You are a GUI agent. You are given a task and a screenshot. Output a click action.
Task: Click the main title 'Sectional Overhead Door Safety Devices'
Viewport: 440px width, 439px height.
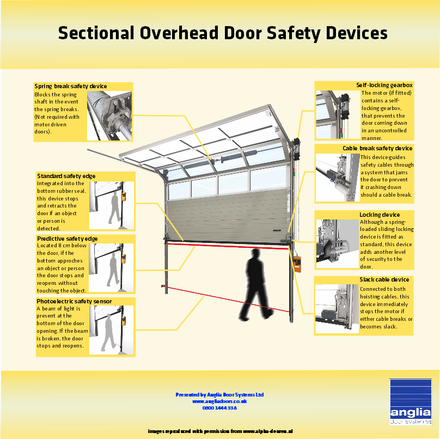coord(222,33)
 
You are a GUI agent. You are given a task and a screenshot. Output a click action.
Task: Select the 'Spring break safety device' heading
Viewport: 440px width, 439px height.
coord(71,86)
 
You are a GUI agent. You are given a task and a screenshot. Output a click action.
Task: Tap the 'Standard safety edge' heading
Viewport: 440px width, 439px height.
coord(66,176)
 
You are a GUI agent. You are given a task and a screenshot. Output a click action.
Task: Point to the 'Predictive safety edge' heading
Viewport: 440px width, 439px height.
coord(67,239)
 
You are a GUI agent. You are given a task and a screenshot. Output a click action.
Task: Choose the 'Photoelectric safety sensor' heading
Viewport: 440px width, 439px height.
coord(74,301)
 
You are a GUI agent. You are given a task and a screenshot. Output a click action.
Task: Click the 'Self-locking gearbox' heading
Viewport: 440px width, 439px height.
coord(384,85)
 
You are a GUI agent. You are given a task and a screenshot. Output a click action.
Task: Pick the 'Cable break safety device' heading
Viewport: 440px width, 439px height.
coord(377,148)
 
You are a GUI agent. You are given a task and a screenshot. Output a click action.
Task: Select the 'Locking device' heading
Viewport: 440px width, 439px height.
coord(380,215)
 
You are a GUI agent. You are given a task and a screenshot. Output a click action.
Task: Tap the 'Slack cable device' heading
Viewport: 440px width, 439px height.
coord(384,279)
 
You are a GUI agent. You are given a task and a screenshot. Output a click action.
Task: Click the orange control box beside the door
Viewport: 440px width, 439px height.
coord(297,263)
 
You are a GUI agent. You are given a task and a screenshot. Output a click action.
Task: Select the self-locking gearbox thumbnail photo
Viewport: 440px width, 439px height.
coord(337,115)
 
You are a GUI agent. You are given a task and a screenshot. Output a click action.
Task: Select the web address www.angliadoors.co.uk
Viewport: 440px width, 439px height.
coord(219,401)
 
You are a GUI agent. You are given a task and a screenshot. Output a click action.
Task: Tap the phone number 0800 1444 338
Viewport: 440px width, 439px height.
coord(219,407)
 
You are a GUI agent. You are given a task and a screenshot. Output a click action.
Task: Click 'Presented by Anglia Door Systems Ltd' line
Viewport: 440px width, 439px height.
coord(219,394)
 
